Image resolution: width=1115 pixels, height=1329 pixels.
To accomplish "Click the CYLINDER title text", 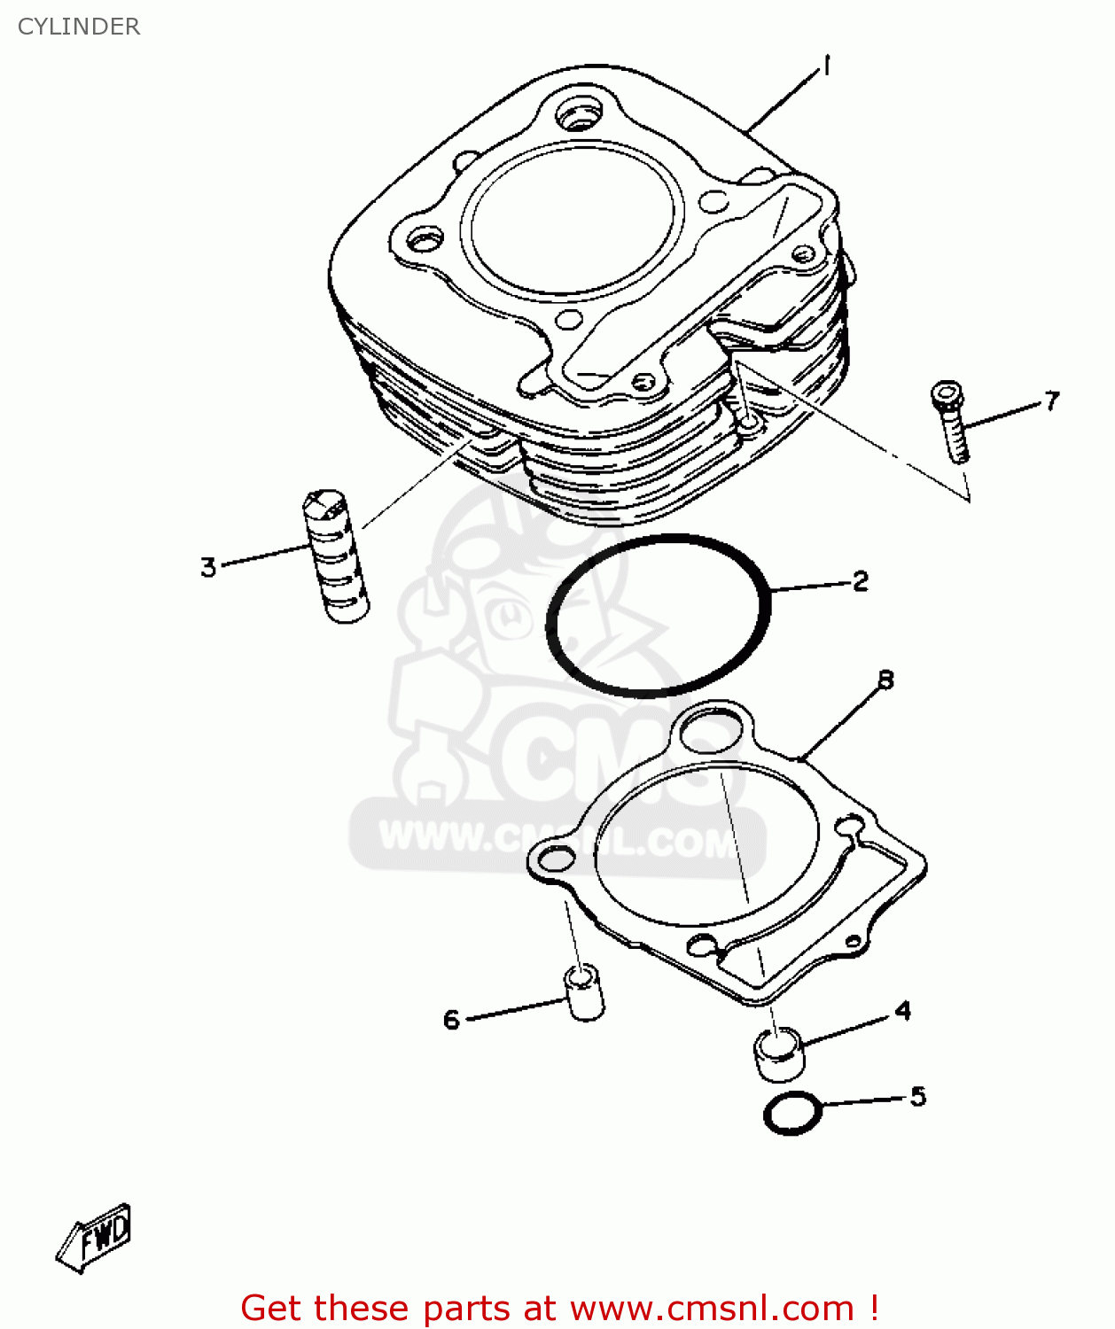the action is pos(79,27).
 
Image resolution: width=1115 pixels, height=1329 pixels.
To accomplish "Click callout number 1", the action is pos(826,66).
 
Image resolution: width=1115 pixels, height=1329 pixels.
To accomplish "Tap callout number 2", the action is pos(860,580).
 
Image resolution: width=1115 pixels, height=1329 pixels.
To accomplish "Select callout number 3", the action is pos(208,566).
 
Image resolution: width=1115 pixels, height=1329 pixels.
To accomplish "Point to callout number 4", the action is pos(902,1010).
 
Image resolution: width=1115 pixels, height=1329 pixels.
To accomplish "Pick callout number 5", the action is pos(917,1096).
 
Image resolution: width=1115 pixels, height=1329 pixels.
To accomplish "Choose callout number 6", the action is pos(451,1019).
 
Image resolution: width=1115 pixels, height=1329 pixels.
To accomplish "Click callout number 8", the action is pos(885,680).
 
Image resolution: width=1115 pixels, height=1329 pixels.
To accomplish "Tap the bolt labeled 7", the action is pos(950,422).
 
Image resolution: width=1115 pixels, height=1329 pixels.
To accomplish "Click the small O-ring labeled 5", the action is pos(792,1113).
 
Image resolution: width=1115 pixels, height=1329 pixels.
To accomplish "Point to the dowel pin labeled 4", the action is pos(779,1053).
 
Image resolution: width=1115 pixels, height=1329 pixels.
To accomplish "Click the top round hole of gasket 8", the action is pos(712,732).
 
